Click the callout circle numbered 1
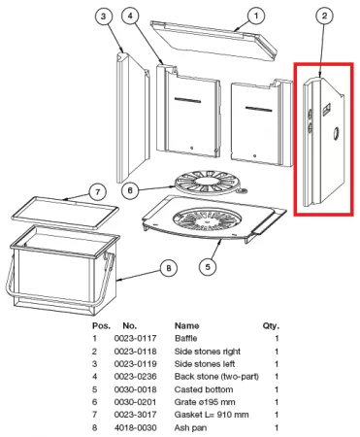pos(256,16)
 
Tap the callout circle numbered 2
pos(324,16)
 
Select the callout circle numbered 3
pos(103,16)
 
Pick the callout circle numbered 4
pos(130,16)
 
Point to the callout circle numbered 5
pos(208,267)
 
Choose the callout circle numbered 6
pos(130,190)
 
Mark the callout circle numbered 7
pos(98,192)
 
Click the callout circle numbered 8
pos(169,268)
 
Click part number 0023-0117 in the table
pos(135,339)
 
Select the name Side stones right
pos(208,352)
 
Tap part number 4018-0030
pos(135,427)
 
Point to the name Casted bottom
pos(204,389)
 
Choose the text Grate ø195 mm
pos(205,402)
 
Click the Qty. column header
pos(271,326)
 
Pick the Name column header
pos(187,325)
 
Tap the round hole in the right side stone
pos(336,133)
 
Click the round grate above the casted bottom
pos(209,183)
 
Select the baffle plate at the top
pos(214,41)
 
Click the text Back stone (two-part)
pos(216,377)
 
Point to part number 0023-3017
pos(135,415)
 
